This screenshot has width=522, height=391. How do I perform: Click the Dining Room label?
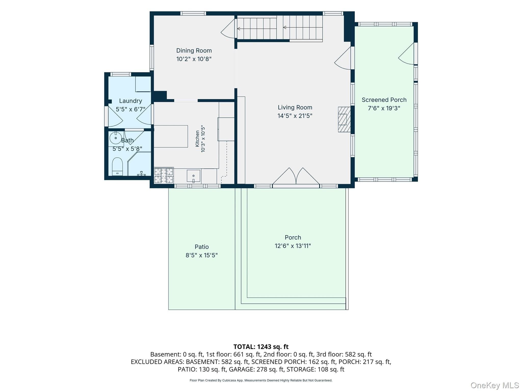[194, 50]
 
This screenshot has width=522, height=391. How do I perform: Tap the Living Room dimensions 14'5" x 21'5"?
[295, 116]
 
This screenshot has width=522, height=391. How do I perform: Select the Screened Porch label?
[384, 100]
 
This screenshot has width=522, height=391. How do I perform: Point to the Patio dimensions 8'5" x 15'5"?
[202, 255]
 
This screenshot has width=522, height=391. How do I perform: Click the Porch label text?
[293, 238]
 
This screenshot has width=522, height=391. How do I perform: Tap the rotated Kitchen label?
[197, 139]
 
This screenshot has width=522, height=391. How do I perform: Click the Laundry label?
[130, 101]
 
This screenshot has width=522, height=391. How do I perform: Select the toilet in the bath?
[117, 167]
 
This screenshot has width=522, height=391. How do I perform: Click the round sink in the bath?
[115, 138]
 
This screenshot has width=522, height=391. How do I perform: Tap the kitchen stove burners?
[164, 175]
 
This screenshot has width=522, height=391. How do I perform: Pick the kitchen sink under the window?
[193, 176]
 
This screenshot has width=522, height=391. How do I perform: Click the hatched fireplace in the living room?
[344, 119]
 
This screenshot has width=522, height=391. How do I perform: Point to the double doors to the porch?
[296, 176]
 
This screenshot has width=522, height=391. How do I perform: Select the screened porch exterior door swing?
[406, 54]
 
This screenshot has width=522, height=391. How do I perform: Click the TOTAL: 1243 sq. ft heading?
[261, 347]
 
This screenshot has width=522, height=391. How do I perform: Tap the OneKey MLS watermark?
[495, 385]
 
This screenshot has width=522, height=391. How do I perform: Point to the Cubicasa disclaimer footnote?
[261, 380]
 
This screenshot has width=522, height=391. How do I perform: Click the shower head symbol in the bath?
[141, 174]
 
